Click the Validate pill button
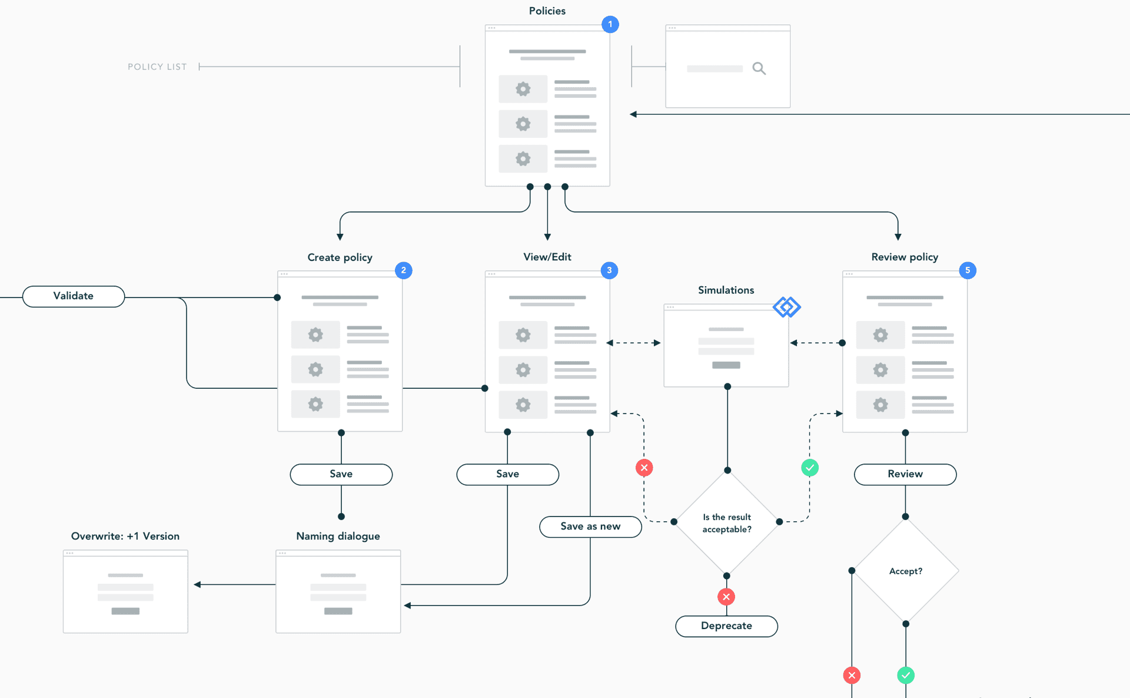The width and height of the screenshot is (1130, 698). pos(74,296)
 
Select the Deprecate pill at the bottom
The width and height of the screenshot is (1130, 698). pos(726,626)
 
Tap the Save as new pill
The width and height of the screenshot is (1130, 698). pos(590,527)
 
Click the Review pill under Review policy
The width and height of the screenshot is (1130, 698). pos(905,474)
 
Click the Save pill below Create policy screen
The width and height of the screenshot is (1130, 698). pos(341,474)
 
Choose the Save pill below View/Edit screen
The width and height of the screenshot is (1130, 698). pos(507,474)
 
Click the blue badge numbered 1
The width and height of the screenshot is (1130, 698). pos(610,24)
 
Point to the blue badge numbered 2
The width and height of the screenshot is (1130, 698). pos(403,270)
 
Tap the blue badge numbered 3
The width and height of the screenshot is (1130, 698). pos(609,270)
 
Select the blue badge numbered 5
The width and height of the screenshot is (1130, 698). pos(968,270)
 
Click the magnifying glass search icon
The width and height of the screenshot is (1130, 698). pos(759,69)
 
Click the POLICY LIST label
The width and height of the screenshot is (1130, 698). pos(157,67)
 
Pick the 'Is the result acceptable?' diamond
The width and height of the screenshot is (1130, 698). pos(727,523)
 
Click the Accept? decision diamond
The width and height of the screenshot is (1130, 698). pos(906,571)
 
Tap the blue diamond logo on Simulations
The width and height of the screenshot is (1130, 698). pos(787,307)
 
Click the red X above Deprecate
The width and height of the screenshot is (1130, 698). pos(726,597)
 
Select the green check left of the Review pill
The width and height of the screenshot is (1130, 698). pos(810,468)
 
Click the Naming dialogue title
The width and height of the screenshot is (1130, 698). pos(338,536)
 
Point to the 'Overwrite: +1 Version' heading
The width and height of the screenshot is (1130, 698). pos(125,536)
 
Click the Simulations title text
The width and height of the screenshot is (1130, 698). pos(726,290)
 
